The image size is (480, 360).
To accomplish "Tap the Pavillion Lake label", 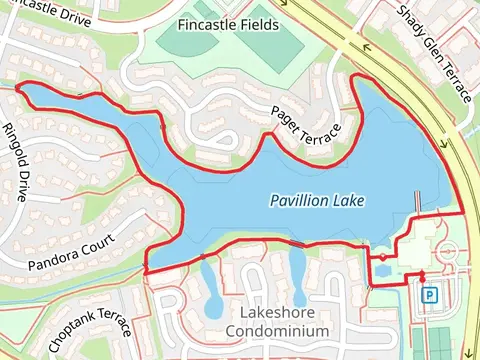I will point(318,201).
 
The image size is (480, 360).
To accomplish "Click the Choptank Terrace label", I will point(89,331).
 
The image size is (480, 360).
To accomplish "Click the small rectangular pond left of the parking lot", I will point(384,271).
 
